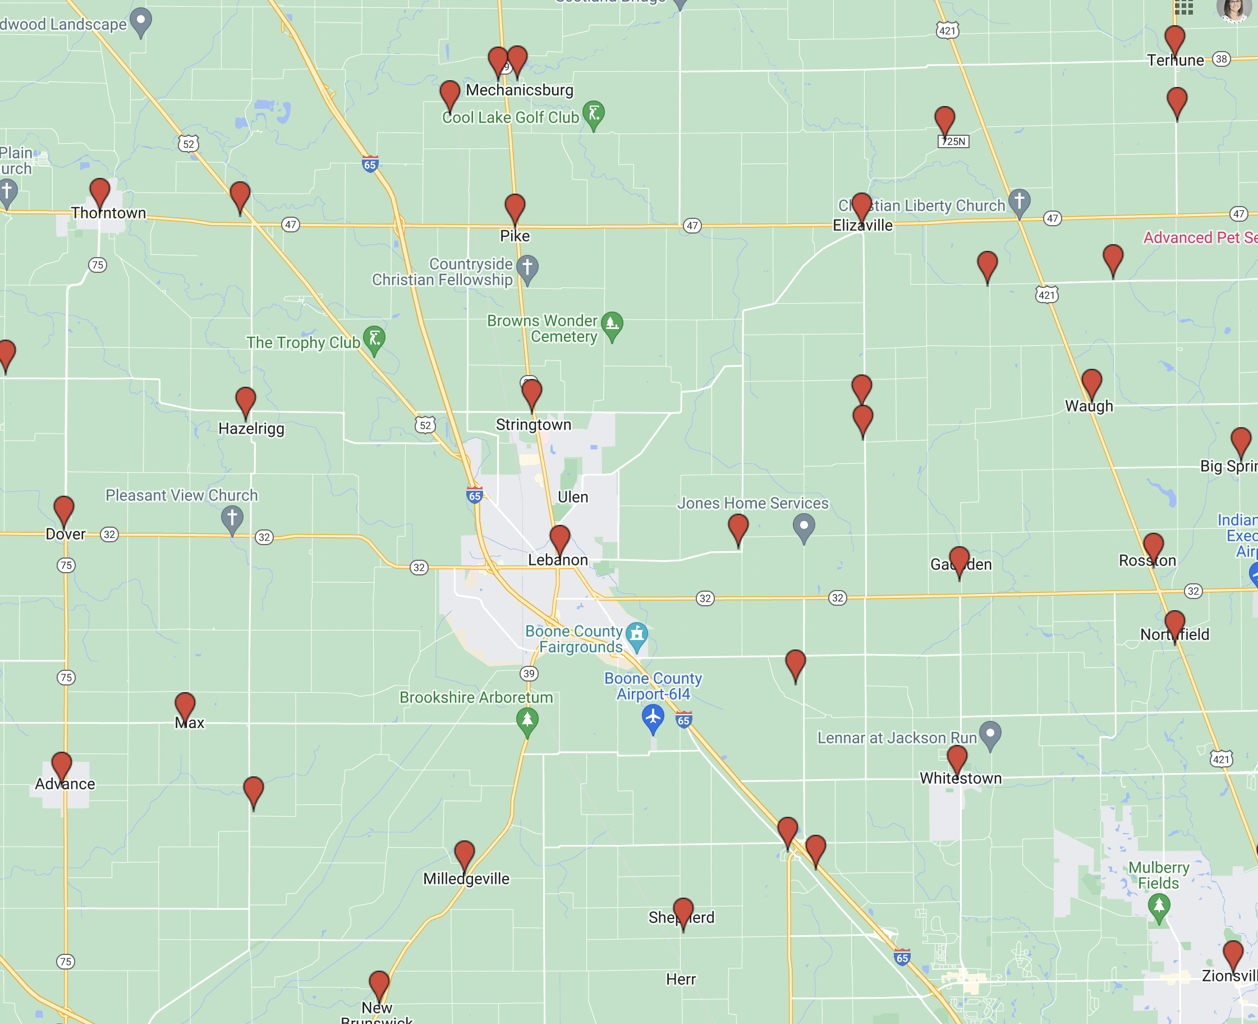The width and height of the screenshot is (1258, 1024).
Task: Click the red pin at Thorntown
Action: [x=100, y=193]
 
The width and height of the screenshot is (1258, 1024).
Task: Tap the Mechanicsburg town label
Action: [x=519, y=90]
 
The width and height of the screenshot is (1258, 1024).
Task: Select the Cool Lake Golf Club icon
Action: [x=593, y=113]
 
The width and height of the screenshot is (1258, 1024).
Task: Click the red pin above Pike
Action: [x=515, y=208]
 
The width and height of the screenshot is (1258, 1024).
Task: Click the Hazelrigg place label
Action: [x=251, y=429]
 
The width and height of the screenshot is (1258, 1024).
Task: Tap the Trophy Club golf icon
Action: [x=374, y=339]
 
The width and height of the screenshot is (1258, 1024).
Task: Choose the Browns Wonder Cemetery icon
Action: [x=612, y=324]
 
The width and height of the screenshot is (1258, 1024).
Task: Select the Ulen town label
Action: [x=572, y=497]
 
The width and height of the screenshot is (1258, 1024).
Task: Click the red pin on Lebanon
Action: [x=559, y=538]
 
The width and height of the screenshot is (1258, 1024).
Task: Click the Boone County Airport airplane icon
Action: [x=653, y=717]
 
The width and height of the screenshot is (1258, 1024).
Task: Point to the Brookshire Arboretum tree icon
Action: [x=527, y=720]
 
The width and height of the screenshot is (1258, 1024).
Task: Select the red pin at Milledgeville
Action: [x=464, y=853]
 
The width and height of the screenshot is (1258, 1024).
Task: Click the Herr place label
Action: [x=681, y=980]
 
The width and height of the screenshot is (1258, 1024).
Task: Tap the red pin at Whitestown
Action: [x=957, y=758]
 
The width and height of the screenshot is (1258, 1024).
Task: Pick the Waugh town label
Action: [x=1088, y=406]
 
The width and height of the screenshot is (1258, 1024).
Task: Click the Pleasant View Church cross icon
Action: [x=232, y=519]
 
